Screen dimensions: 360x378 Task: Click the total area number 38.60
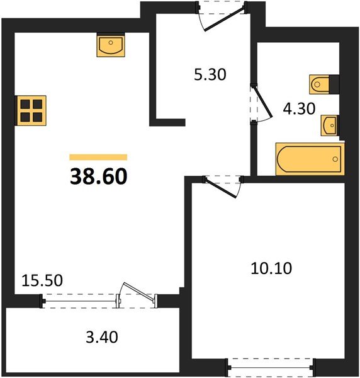coord(98,176)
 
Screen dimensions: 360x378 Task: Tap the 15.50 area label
coord(42,280)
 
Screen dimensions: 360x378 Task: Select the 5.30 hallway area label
coord(210,74)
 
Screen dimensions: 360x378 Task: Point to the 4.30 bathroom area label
coord(299,108)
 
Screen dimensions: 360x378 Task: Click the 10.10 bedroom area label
coord(271,268)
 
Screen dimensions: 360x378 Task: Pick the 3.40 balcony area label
coord(102,337)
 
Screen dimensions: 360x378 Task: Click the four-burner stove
coord(31,111)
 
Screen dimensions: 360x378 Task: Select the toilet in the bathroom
coord(320,84)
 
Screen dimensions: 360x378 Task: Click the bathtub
coord(310,159)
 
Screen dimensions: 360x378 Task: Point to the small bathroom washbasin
coord(329,125)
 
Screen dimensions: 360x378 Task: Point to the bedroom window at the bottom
coord(271,368)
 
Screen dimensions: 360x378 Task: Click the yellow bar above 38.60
coord(98,157)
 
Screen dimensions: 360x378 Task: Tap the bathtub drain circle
coord(335,159)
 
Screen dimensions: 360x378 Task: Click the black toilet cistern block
coord(334,84)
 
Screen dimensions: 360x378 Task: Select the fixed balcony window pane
coord(80,301)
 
